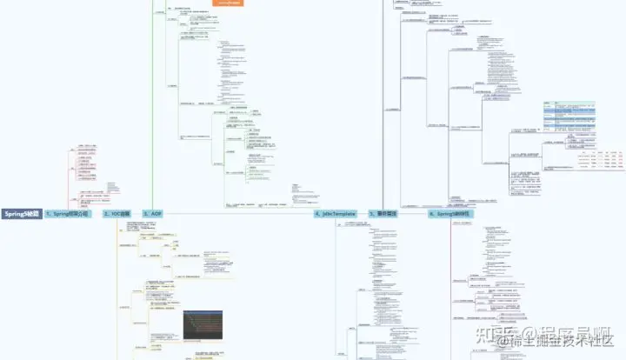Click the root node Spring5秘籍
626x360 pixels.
(21, 213)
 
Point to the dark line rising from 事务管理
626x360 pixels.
(383, 104)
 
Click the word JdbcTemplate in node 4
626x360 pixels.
(339, 213)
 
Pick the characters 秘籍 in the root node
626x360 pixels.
(32, 213)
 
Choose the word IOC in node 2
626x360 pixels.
(115, 213)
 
